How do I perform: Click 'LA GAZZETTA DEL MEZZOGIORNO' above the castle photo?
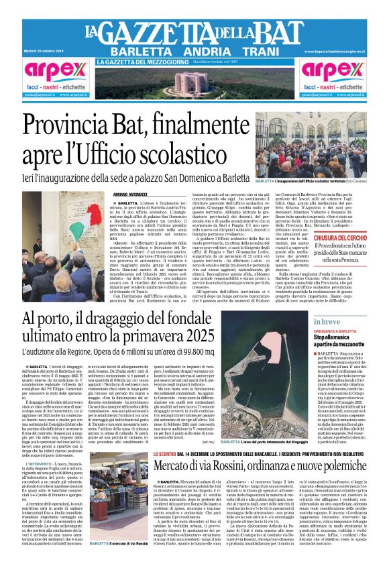137,62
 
